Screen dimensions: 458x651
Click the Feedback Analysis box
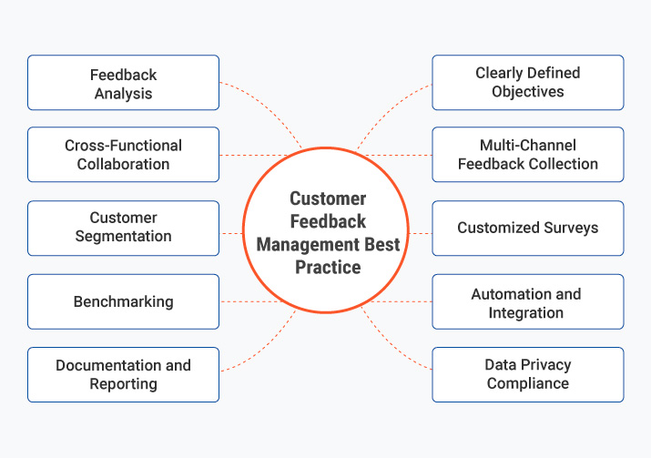point(123,83)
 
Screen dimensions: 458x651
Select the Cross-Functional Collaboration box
point(123,155)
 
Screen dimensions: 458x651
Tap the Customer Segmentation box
point(123,228)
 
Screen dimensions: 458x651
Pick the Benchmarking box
point(123,301)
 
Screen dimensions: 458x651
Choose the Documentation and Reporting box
point(123,374)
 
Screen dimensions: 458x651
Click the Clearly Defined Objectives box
point(527,83)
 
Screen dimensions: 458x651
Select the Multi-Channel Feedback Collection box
point(527,155)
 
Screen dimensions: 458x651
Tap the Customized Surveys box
point(527,228)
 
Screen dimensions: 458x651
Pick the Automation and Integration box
point(527,301)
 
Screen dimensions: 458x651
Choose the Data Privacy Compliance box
point(527,374)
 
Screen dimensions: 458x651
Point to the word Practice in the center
point(328,268)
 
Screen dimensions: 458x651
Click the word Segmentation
point(123,237)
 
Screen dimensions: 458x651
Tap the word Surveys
point(568,228)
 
